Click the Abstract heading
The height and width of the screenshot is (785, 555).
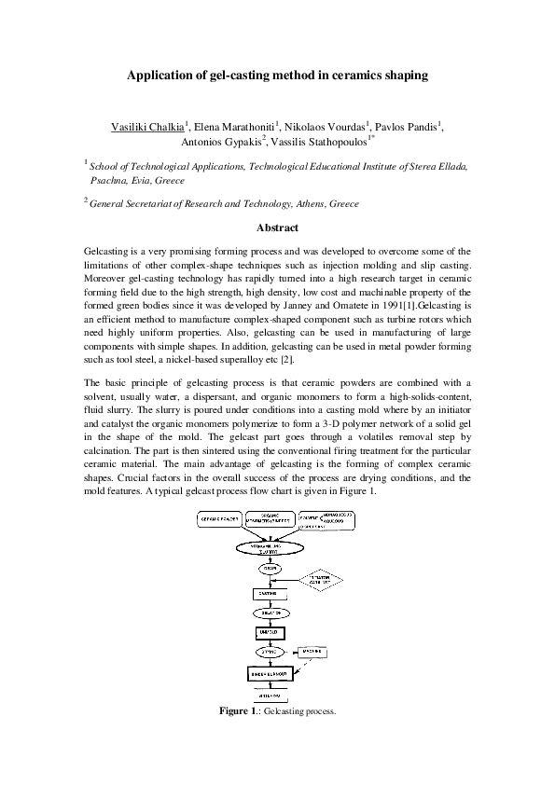click(277, 227)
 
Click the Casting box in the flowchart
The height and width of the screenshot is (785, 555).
click(267, 593)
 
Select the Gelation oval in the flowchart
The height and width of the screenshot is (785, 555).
click(268, 613)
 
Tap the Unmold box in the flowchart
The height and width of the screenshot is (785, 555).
click(268, 633)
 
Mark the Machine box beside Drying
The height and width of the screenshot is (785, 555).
click(312, 651)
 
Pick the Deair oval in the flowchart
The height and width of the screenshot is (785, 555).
click(268, 567)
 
